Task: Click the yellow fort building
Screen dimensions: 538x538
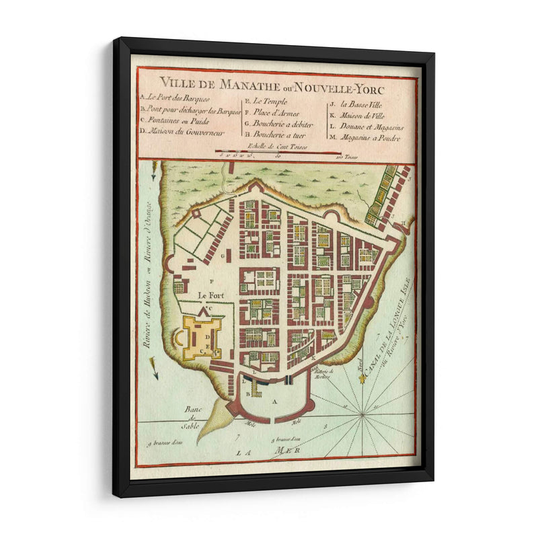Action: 201,336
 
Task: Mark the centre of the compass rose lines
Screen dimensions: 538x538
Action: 363,415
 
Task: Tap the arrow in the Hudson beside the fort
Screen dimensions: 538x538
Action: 155,369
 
